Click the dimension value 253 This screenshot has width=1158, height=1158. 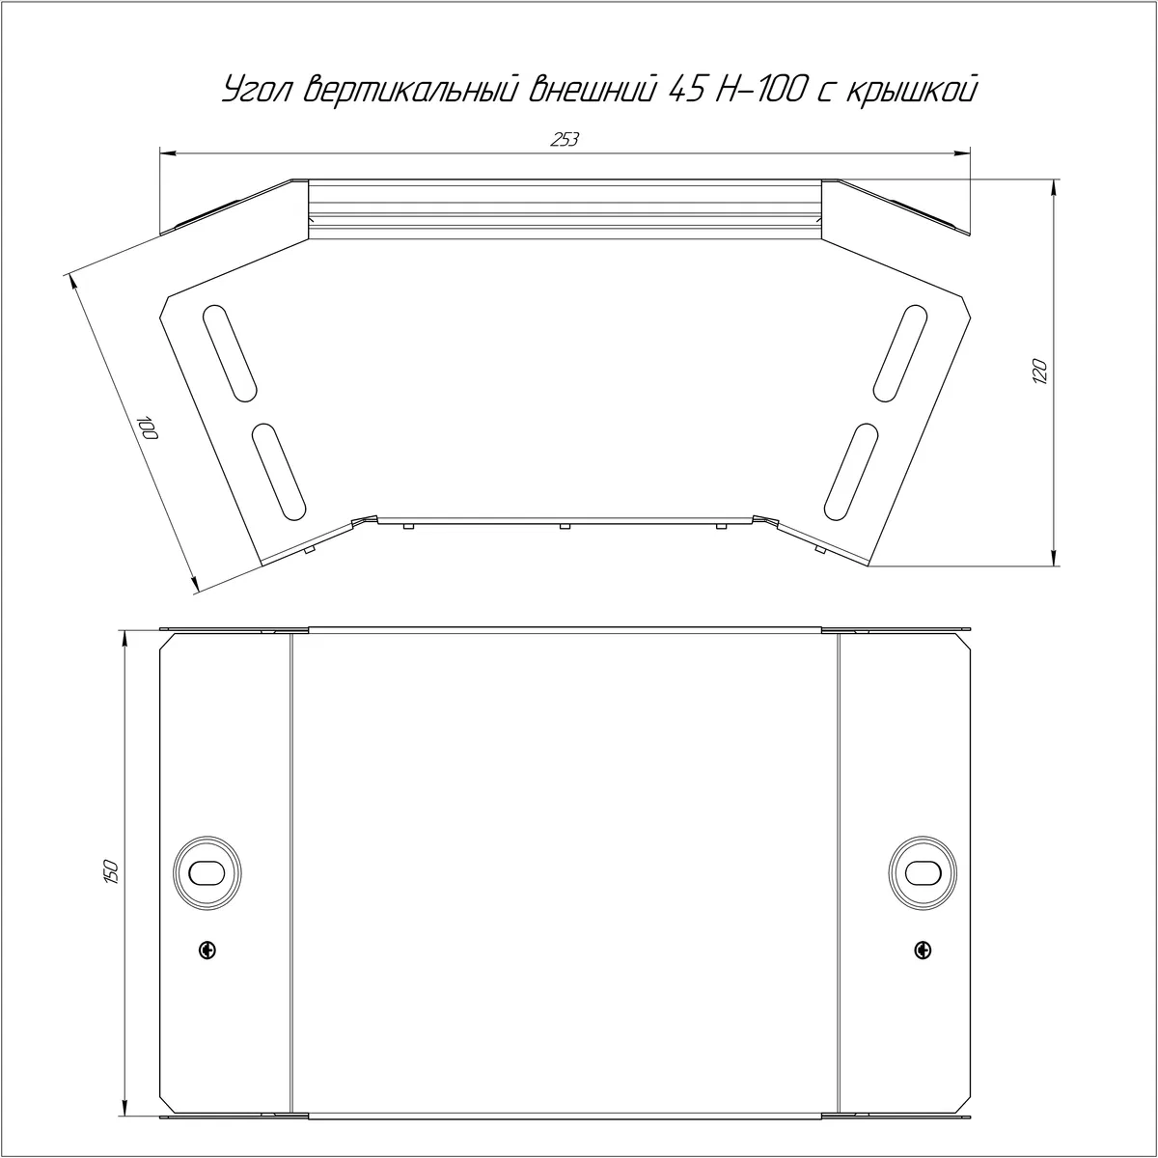[565, 139]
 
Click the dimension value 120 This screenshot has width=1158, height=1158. [1039, 372]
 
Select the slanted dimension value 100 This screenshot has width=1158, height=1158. [148, 427]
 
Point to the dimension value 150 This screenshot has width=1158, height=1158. [112, 871]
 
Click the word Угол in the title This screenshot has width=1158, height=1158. [259, 90]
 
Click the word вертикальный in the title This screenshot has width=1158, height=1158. [411, 90]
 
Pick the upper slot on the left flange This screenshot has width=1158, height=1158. [231, 353]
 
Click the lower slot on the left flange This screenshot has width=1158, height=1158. [279, 472]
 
